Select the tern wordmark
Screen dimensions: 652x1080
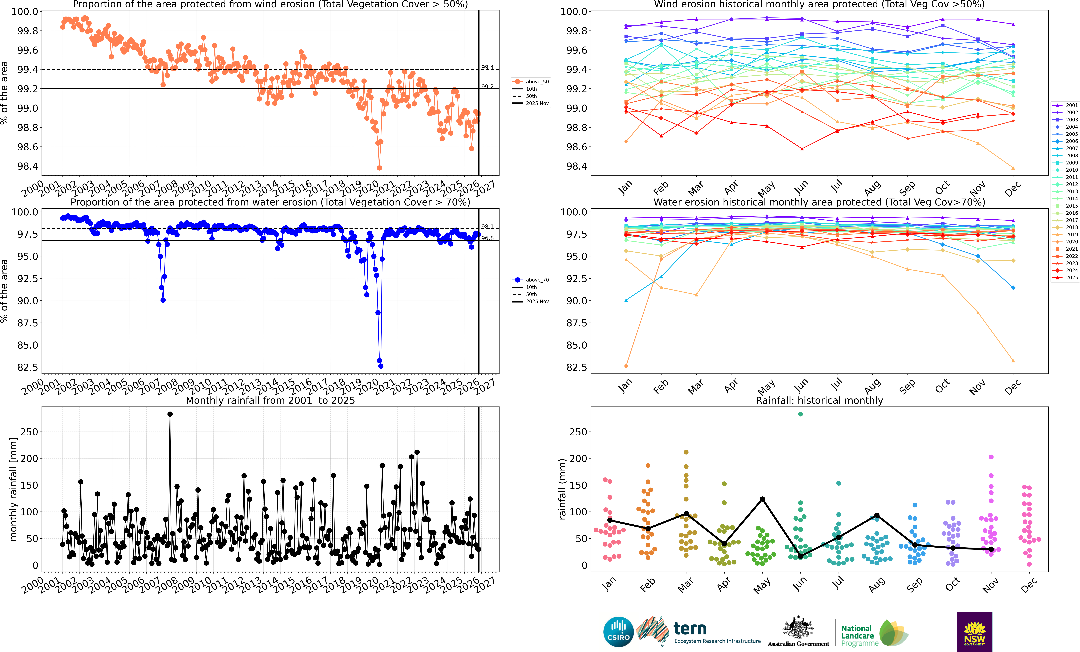(x=690, y=629)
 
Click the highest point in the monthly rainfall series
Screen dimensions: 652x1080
(x=170, y=414)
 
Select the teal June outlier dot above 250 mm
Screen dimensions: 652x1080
(x=800, y=414)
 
